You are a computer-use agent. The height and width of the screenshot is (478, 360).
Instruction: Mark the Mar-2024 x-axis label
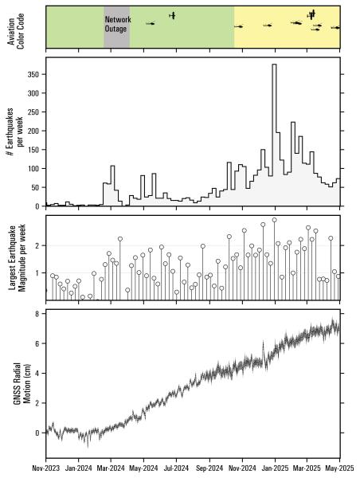pyautogui.click(x=111, y=470)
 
